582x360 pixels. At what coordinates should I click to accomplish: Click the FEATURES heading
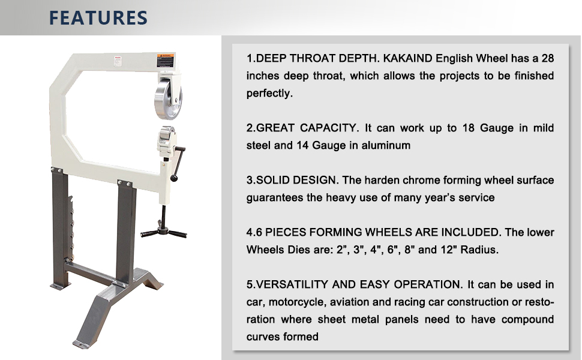(98, 17)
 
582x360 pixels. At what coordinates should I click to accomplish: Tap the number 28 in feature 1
(546, 59)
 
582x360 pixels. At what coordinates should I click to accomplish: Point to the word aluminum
(386, 145)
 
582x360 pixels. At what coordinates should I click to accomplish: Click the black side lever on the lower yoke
(179, 162)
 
